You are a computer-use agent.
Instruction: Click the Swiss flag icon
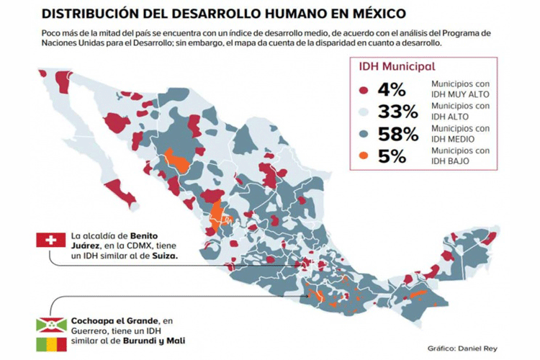point(51,240)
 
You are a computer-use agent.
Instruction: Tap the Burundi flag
point(51,325)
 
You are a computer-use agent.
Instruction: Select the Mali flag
point(51,344)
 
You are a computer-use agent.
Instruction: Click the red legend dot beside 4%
point(364,90)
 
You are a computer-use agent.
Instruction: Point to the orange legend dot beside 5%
point(364,156)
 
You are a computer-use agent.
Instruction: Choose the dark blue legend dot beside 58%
point(364,134)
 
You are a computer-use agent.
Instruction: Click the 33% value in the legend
point(398,112)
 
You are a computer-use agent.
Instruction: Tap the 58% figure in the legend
point(398,134)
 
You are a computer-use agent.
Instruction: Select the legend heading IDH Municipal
point(397,66)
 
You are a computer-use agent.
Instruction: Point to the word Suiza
point(165,256)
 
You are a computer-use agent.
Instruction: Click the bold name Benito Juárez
point(114,240)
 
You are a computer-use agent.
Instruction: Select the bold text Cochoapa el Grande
point(115,321)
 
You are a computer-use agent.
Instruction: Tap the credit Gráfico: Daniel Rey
point(462,348)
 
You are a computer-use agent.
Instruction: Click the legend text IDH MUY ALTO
point(460,94)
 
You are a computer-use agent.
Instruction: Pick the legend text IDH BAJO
point(450,161)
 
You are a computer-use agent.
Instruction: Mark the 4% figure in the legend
point(392,90)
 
